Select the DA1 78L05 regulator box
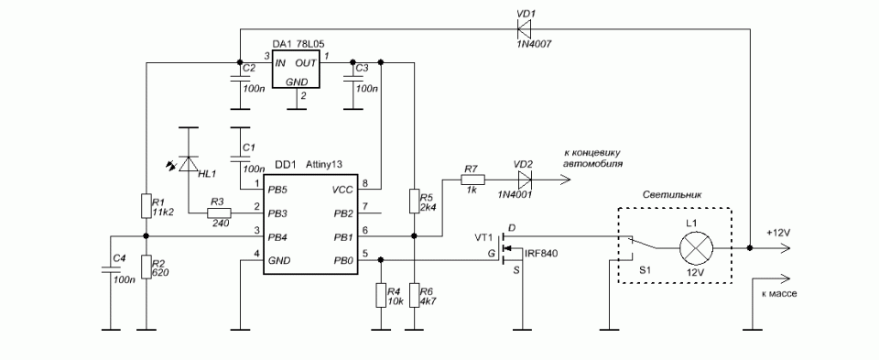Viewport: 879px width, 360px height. tap(296, 69)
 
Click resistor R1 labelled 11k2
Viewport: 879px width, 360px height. tap(146, 206)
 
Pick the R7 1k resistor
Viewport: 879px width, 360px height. tap(472, 180)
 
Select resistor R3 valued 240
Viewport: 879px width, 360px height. tap(219, 213)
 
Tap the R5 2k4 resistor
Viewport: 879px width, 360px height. tap(414, 202)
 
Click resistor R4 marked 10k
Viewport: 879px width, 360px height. tap(381, 296)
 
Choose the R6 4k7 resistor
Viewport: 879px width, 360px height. tap(414, 296)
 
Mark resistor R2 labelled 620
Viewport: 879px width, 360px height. tap(146, 267)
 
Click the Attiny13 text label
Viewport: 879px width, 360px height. tap(324, 165)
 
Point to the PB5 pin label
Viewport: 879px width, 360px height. tap(278, 191)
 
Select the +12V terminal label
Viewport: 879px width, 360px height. tap(778, 233)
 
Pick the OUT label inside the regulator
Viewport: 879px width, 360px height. tap(306, 63)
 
